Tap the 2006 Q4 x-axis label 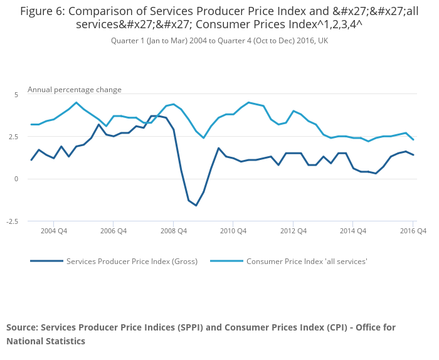tap(113, 231)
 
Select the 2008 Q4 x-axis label tap(173, 231)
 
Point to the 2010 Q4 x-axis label tap(233, 231)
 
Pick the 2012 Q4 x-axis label tap(293, 231)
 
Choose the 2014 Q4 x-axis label tap(352, 231)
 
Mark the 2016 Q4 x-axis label tap(413, 231)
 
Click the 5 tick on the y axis tap(17, 94)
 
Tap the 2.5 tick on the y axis tap(14, 137)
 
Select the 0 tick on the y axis tap(17, 179)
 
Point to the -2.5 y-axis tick tap(13, 221)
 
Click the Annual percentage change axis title tap(75, 90)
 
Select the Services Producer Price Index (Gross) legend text tap(132, 261)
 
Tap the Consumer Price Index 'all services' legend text tap(307, 261)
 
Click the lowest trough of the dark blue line tap(196, 205)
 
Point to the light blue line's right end tap(413, 139)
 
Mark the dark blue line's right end tap(413, 155)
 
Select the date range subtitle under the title tap(219, 41)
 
